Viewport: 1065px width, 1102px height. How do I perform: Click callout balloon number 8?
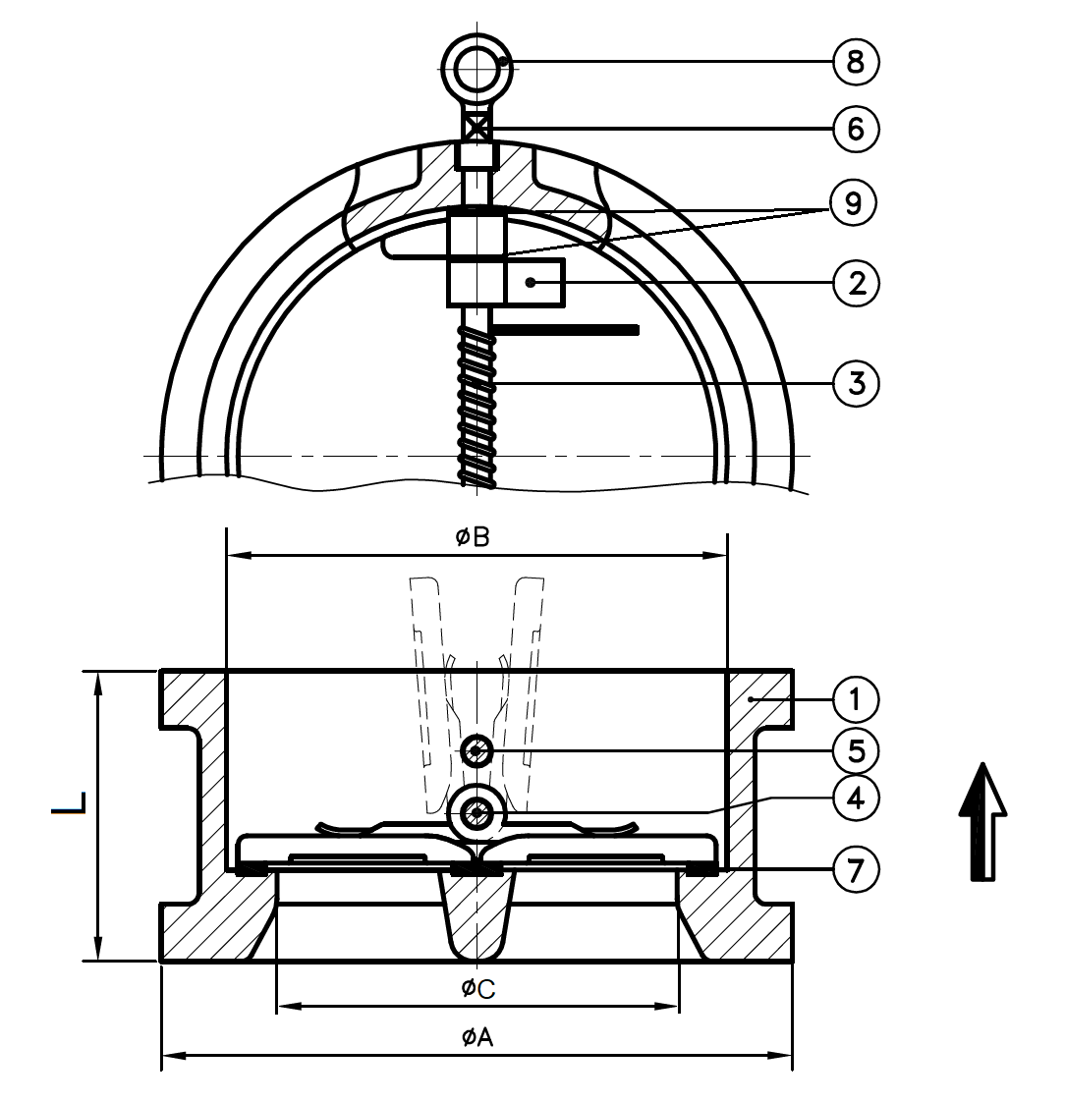pyautogui.click(x=855, y=63)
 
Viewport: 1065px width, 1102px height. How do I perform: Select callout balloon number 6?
pyautogui.click(x=855, y=129)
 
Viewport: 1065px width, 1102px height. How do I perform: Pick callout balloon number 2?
pyautogui.click(x=856, y=284)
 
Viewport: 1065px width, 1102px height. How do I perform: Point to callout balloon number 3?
pyautogui.click(x=856, y=382)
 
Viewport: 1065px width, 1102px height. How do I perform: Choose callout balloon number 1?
pyautogui.click(x=856, y=699)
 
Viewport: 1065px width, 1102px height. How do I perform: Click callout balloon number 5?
pyautogui.click(x=856, y=750)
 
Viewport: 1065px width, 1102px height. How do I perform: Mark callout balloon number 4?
pyautogui.click(x=856, y=799)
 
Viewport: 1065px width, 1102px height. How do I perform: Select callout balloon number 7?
pyautogui.click(x=856, y=870)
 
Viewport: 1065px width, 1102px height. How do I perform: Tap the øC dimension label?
pyautogui.click(x=476, y=987)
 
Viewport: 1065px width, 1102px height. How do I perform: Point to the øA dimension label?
pyautogui.click(x=476, y=1036)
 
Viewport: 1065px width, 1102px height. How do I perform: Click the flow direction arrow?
pyautogui.click(x=982, y=821)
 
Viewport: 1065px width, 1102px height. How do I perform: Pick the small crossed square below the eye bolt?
pyautogui.click(x=476, y=129)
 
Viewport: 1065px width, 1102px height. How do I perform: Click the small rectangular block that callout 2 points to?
pyautogui.click(x=534, y=283)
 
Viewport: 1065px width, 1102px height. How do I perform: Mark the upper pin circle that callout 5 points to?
pyautogui.click(x=476, y=752)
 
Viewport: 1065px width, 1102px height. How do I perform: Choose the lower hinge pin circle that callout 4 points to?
pyautogui.click(x=478, y=813)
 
